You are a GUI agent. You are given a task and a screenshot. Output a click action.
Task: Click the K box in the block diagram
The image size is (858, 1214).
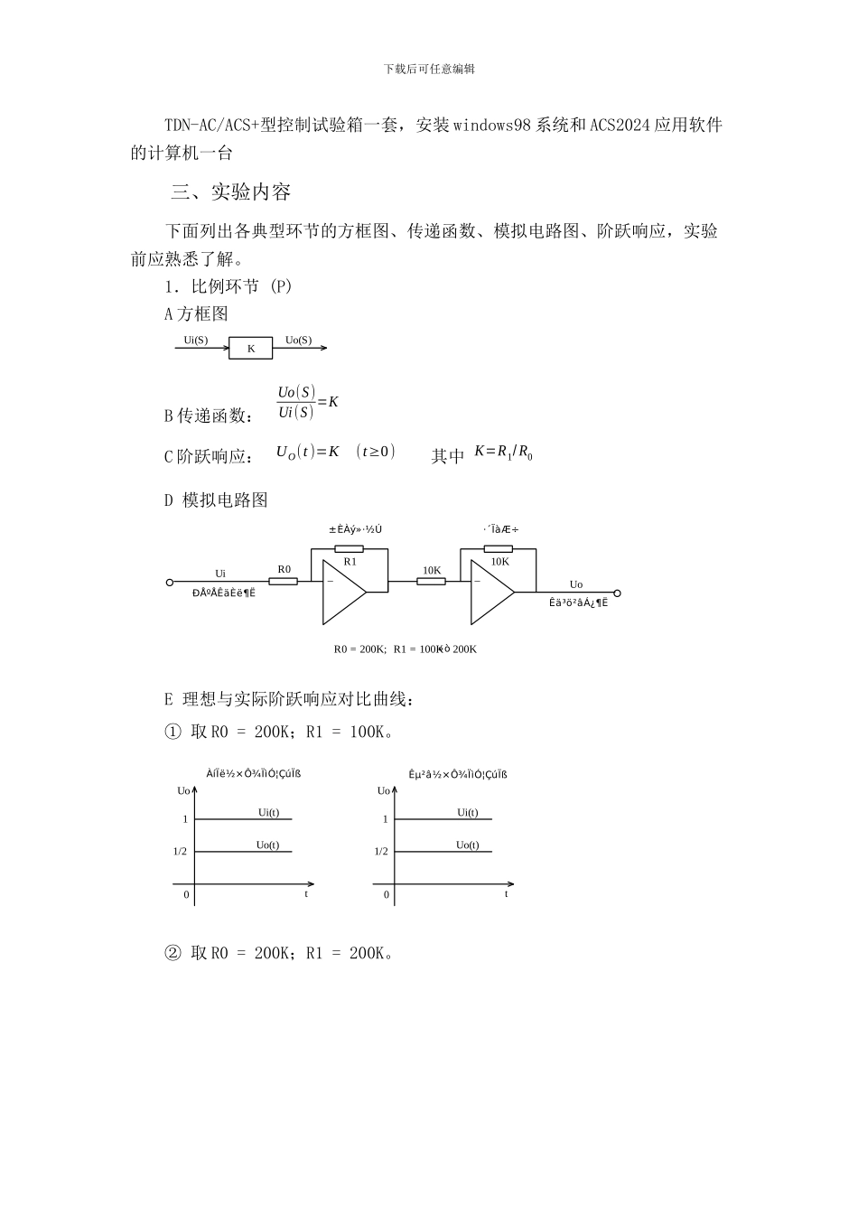[x=250, y=348]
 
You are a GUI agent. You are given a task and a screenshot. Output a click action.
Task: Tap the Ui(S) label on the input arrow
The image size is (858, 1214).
[x=196, y=340]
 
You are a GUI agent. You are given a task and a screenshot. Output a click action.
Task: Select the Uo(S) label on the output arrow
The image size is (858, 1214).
[x=298, y=340]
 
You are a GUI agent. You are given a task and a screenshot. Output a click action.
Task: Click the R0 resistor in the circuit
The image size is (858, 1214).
[x=284, y=582]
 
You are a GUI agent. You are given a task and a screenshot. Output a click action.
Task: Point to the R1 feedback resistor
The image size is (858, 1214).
[x=349, y=548]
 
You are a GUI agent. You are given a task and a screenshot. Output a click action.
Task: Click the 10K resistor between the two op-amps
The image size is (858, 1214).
[x=431, y=582]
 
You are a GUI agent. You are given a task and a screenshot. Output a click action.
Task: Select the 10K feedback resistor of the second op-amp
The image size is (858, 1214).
[x=499, y=548]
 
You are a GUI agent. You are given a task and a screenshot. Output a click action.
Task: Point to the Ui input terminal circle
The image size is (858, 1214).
[x=169, y=583]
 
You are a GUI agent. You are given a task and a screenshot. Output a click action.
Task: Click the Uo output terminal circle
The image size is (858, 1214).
[x=618, y=593]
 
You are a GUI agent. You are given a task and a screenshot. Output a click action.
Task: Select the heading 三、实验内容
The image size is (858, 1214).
[x=231, y=192]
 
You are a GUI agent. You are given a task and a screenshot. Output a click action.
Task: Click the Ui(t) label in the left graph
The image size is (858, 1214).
[x=268, y=812]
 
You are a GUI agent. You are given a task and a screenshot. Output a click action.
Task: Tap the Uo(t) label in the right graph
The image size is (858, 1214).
[x=468, y=845]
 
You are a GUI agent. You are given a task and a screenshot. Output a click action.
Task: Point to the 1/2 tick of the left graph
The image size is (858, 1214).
[x=180, y=852]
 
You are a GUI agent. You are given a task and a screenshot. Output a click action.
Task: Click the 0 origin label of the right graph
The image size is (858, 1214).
[x=387, y=895]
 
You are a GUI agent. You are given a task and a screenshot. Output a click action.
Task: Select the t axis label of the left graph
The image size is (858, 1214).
[x=306, y=893]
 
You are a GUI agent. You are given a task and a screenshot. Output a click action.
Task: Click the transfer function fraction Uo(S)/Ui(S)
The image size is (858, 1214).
[x=296, y=402]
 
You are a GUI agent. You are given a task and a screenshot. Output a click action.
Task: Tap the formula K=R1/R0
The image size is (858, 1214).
[x=503, y=452]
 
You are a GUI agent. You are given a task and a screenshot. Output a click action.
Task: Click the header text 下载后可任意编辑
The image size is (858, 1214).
[x=429, y=69]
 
